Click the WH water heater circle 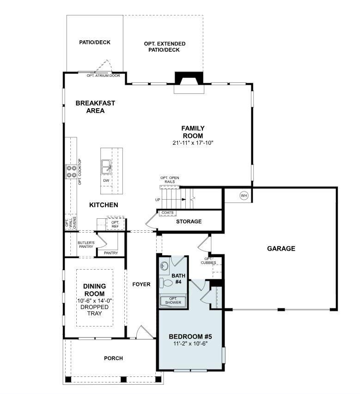(244, 196)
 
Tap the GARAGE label (281, 248)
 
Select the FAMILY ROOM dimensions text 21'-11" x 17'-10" (193, 143)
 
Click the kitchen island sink (106, 166)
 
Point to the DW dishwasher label (106, 180)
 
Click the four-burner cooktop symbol (71, 172)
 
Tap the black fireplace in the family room (188, 79)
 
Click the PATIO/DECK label (95, 43)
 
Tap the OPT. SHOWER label (173, 301)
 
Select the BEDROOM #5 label (190, 336)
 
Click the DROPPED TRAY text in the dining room (94, 310)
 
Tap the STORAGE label (189, 222)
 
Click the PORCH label (113, 358)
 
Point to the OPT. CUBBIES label (207, 261)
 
